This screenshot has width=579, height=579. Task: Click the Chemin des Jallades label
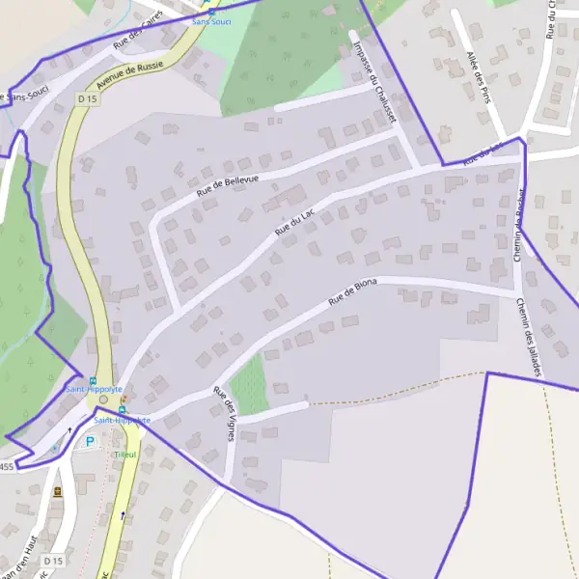coord(530,336)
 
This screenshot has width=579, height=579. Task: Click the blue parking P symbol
coord(90,442)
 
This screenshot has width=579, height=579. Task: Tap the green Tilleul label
coord(125,455)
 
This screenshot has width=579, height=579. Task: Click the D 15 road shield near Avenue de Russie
coord(88,97)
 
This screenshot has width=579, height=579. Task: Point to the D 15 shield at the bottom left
coord(54,561)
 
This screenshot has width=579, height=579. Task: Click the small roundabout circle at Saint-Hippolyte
coord(103,399)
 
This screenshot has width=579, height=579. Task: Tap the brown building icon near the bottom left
coord(57,491)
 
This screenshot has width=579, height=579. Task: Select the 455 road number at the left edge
coord(7,467)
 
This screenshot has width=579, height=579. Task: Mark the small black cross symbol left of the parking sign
coord(69,430)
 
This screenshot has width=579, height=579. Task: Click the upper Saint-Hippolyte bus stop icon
coord(93,380)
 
